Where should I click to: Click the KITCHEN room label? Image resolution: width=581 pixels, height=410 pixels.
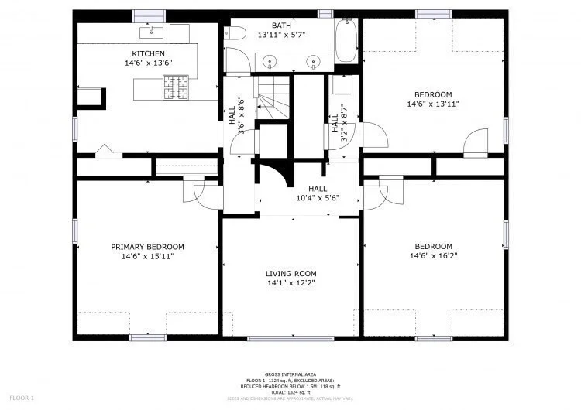point(147,53)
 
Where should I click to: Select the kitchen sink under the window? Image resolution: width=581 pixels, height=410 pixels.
point(149,32)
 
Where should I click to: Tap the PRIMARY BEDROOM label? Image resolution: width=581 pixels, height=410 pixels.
point(147,247)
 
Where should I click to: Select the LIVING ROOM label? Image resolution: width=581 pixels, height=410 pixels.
point(290,273)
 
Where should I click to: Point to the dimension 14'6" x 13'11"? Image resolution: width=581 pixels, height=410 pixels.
point(433,104)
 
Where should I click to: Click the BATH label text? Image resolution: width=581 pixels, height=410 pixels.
point(281,26)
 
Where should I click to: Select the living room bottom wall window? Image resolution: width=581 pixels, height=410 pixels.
point(290,338)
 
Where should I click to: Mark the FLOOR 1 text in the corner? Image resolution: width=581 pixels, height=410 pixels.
point(22,398)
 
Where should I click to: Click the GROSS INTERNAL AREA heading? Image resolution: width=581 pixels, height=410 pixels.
point(291,373)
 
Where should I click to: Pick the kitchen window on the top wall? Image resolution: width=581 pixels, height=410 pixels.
point(150,15)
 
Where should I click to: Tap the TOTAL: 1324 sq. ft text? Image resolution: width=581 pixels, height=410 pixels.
point(291,393)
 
